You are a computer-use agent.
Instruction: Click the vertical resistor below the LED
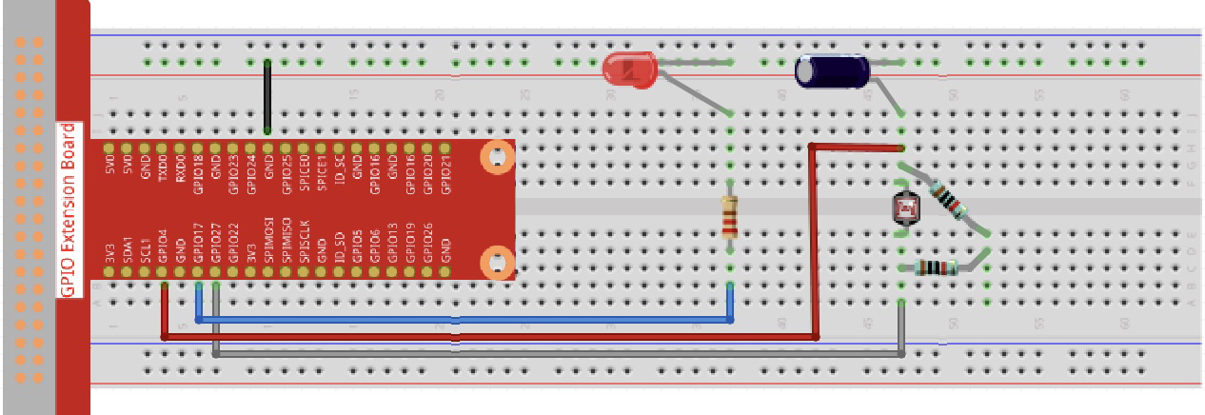730,216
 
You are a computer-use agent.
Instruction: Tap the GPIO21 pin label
444,168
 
